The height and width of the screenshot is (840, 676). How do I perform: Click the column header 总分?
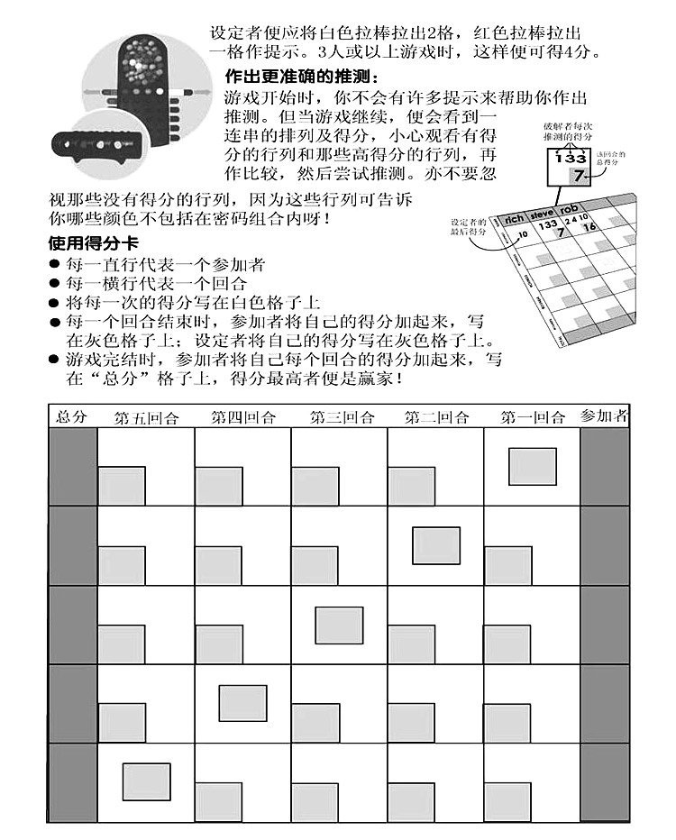pos(71,416)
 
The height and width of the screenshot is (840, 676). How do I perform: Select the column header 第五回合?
pos(147,417)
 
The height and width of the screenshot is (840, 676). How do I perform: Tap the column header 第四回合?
pos(243,417)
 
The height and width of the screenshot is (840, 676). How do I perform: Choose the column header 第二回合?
pos(436,417)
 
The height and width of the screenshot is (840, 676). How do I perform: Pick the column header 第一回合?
pos(533,417)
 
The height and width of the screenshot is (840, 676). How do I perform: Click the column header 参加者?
pos(604,416)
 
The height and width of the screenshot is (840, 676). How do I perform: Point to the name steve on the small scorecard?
pos(544,215)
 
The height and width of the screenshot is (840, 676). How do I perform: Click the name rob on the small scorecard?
pos(572,211)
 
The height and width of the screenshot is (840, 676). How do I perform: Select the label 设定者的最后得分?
pos(468,227)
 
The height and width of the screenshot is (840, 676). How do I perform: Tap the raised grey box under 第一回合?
pos(532,466)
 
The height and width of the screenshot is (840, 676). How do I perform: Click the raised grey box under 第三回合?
pos(339,625)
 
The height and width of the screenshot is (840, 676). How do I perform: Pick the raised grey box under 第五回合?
pos(147,781)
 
